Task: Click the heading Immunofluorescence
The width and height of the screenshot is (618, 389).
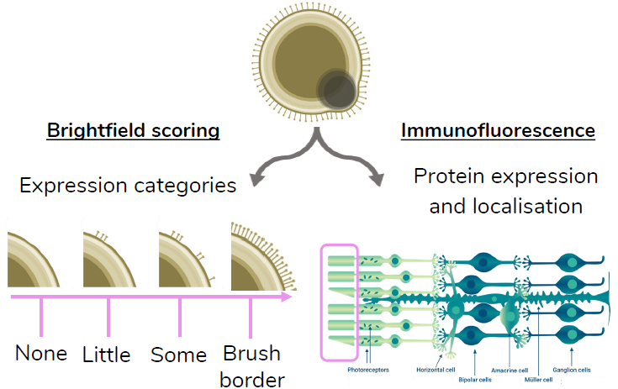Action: [x=499, y=131]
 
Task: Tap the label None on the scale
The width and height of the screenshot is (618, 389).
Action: [x=41, y=353]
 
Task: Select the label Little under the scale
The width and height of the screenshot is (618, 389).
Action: [x=107, y=355]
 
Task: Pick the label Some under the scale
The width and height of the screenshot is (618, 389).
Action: [x=179, y=355]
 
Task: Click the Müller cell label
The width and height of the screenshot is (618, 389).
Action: [x=550, y=379]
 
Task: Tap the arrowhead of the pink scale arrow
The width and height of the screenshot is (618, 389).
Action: [x=287, y=297]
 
